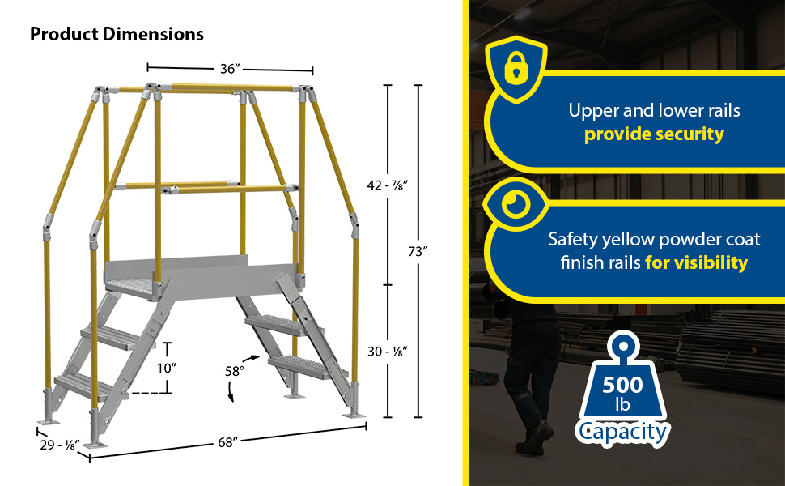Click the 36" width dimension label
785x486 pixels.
click(x=231, y=69)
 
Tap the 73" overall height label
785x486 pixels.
click(x=418, y=252)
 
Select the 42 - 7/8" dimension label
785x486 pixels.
click(x=388, y=185)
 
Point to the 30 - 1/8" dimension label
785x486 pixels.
click(x=388, y=352)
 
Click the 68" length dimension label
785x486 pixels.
click(x=227, y=442)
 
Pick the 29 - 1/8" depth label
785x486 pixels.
click(x=60, y=445)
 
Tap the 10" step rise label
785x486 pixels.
click(x=167, y=369)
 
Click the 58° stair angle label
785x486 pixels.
click(x=235, y=371)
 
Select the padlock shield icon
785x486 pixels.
click(x=516, y=69)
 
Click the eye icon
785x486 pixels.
click(x=516, y=204)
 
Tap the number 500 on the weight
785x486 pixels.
click(x=622, y=385)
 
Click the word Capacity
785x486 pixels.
click(x=622, y=432)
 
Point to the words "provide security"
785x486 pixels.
click(x=654, y=134)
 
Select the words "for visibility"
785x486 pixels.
click(x=697, y=262)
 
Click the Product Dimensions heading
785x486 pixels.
click(x=117, y=34)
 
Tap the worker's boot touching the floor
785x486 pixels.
click(x=536, y=438)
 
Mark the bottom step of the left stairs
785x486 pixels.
click(x=84, y=386)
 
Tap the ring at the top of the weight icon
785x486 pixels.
click(x=623, y=347)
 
